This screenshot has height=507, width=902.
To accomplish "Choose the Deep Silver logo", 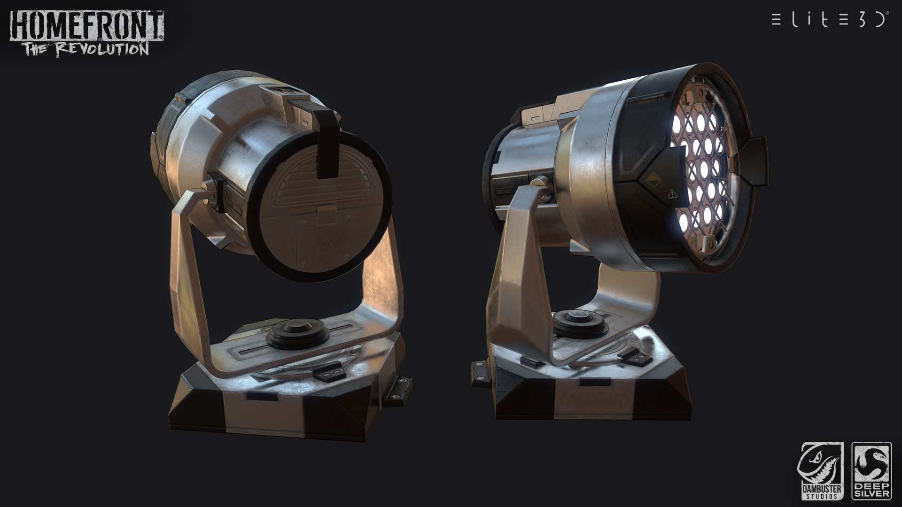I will pos(871,471).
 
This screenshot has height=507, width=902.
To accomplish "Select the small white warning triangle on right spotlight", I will pos(672,193).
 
